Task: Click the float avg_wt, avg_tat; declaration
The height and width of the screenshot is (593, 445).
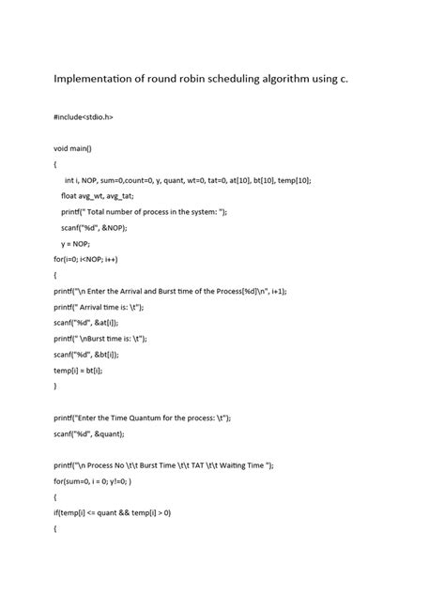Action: pos(98,196)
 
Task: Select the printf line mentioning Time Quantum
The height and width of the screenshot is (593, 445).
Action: pos(142,418)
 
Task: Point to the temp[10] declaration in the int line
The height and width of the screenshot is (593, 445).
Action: pos(294,180)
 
